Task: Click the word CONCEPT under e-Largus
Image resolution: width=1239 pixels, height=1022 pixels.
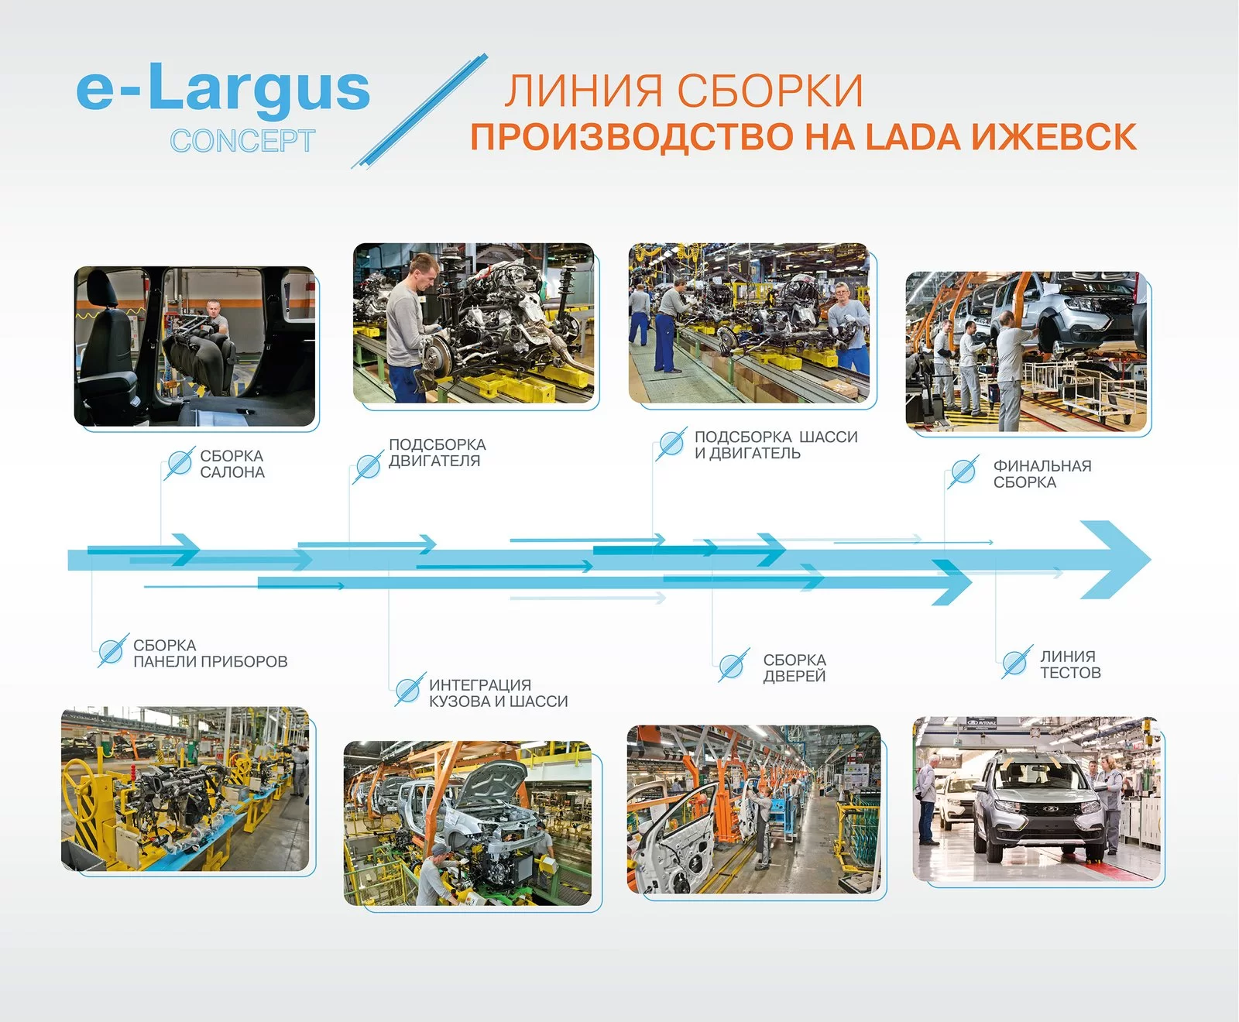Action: pos(242,141)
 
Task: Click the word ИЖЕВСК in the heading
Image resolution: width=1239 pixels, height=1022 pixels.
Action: pos(1054,137)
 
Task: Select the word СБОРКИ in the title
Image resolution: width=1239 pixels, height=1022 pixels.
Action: pos(772,91)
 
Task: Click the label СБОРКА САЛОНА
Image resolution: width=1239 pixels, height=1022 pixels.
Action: pos(232,464)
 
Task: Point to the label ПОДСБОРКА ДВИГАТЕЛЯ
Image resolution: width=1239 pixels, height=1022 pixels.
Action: pos(438,453)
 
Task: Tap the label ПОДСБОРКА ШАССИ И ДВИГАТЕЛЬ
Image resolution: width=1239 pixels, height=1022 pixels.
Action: pos(776,445)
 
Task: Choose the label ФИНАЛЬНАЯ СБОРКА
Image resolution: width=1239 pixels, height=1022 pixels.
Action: pos(1042,474)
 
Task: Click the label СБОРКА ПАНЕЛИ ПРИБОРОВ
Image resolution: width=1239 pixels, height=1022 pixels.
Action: pos(210,653)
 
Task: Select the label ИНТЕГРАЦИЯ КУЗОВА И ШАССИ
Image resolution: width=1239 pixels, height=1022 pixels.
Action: pos(498,693)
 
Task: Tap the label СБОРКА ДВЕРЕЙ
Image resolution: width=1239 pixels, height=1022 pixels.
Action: pos(795,667)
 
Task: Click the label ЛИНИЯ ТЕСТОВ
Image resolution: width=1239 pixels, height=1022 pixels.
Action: pos(1070,664)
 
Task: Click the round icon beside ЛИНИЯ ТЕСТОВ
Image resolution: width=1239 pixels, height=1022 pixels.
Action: pos(1015,663)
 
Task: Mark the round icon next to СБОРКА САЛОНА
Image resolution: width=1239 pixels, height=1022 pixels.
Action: pos(179,463)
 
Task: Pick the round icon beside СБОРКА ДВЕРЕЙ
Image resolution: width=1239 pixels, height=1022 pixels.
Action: pos(732,665)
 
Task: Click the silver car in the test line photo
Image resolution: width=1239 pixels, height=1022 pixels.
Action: pos(1037,807)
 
